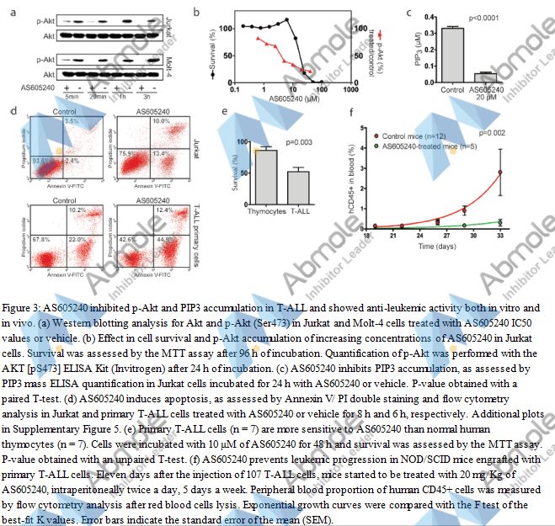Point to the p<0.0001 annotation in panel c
[485, 18]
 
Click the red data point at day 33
[501, 172]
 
